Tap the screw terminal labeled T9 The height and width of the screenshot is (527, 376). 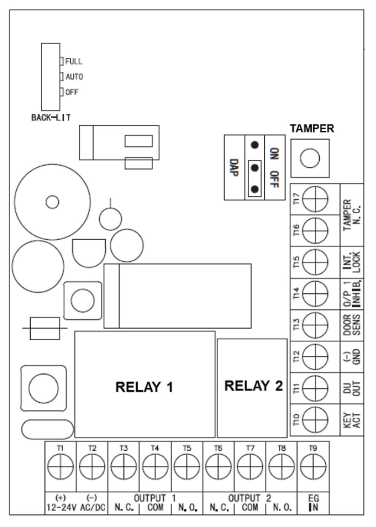click(x=313, y=467)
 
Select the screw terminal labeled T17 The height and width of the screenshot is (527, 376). click(x=315, y=199)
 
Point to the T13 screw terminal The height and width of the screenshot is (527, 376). click(x=315, y=325)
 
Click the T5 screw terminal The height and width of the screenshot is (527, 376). click(x=187, y=467)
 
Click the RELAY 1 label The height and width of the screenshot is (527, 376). click(x=145, y=387)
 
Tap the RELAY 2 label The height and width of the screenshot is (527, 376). click(x=254, y=386)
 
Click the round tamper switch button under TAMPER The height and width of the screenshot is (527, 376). click(x=310, y=158)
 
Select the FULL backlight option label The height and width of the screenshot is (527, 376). click(x=74, y=62)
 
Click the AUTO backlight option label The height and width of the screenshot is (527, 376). click(x=74, y=77)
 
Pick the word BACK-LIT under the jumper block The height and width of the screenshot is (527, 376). click(x=51, y=117)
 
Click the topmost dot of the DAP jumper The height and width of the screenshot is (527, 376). click(x=255, y=145)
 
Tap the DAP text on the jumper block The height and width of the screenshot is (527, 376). click(x=234, y=168)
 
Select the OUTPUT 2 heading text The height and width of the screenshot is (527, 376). click(x=250, y=498)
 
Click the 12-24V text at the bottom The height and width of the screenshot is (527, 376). click(x=61, y=508)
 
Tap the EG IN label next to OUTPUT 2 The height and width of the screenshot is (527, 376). click(x=314, y=503)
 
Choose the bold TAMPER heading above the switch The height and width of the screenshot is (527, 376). click(x=312, y=129)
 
